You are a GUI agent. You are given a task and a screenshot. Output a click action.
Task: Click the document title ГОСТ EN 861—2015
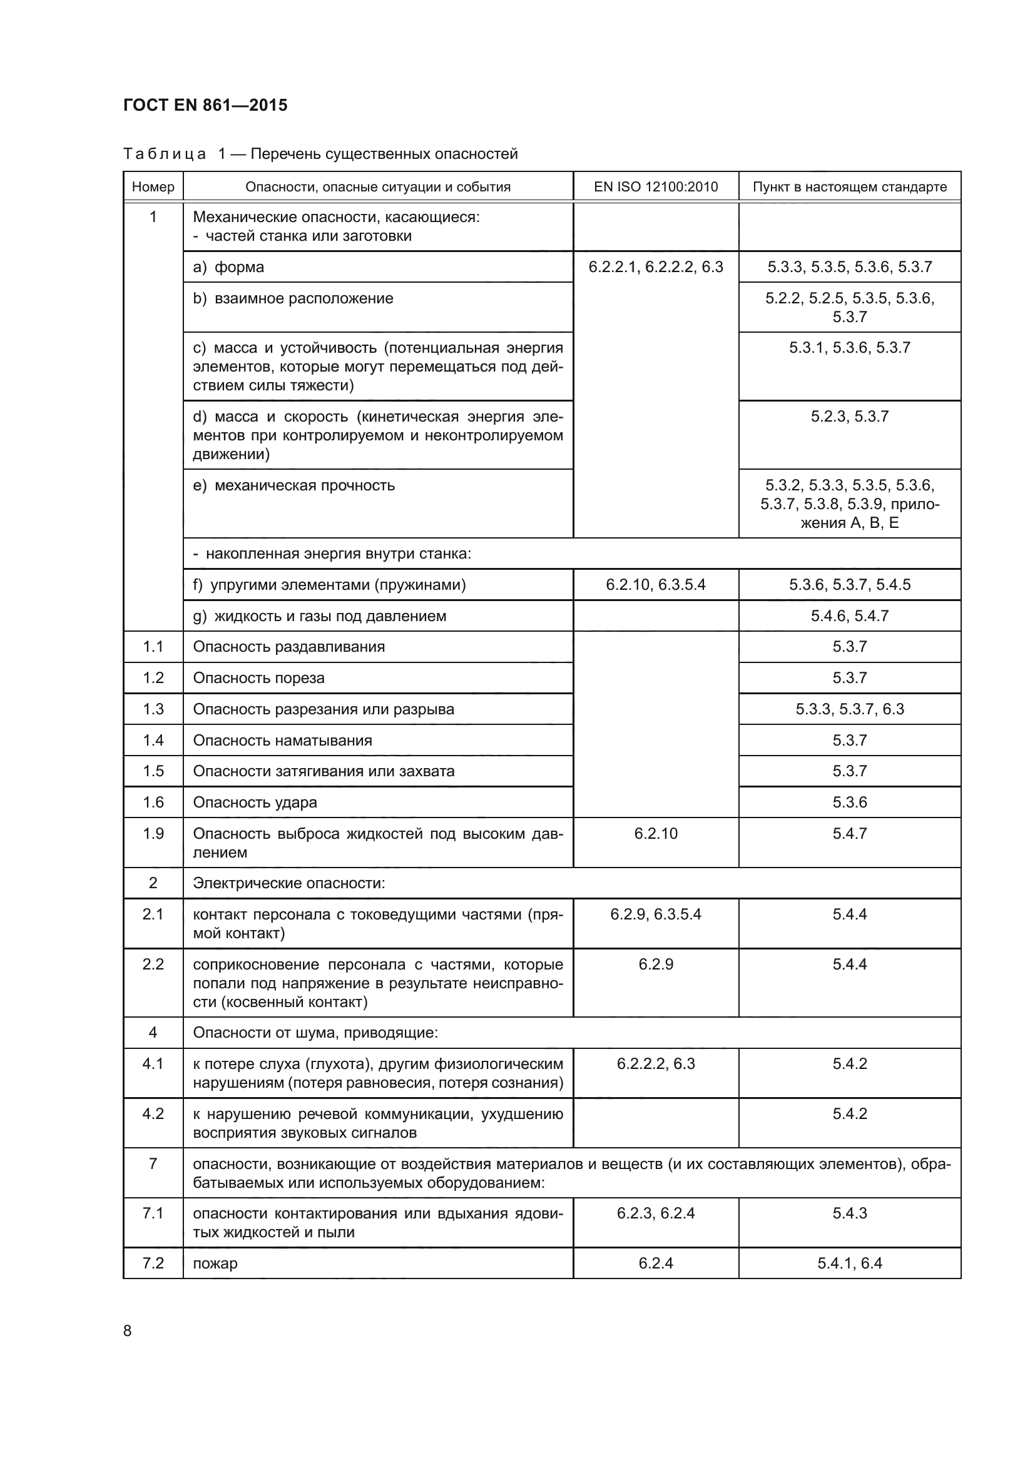pos(205,105)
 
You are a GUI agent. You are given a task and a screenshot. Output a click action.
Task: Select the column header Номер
pos(153,186)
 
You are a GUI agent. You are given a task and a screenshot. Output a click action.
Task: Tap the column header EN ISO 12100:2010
pos(656,186)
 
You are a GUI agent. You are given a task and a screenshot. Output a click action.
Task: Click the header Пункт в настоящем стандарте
pos(850,186)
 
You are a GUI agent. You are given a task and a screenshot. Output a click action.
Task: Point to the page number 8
pos(128,1330)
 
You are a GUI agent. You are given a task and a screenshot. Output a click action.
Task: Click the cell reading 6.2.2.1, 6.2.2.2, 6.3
pos(656,267)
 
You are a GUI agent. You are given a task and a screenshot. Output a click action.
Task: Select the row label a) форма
pos(229,267)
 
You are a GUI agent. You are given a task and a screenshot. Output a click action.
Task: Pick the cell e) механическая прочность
pos(294,485)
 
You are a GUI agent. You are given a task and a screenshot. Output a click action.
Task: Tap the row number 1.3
pos(153,709)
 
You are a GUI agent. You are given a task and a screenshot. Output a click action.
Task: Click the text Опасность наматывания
pos(282,741)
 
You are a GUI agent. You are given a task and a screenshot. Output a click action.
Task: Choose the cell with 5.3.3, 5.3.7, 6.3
pos(850,709)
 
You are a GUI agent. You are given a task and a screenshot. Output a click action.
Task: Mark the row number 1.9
pos(153,833)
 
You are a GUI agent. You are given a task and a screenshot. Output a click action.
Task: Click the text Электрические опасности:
pos(288,883)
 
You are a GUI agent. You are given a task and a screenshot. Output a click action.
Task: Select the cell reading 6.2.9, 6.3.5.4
pos(656,914)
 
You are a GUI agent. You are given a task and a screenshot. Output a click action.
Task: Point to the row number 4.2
pos(153,1113)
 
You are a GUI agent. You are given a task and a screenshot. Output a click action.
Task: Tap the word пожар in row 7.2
pos(215,1263)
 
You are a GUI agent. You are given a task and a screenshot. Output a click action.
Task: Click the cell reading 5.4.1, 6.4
pos(850,1263)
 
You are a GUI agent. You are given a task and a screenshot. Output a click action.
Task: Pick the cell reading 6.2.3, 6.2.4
pos(656,1213)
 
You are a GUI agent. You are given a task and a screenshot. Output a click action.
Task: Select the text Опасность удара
pos(255,802)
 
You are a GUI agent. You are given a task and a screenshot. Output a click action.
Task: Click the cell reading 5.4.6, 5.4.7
pos(850,616)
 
